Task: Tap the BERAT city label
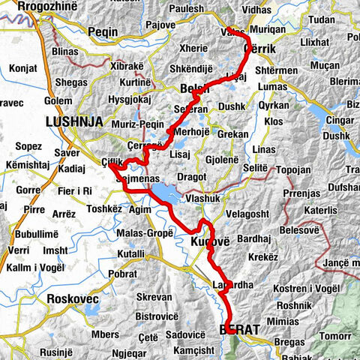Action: (240, 329)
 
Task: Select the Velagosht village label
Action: (237, 215)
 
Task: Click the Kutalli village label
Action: (131, 255)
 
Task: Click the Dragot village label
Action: (192, 176)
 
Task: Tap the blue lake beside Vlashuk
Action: (166, 194)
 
